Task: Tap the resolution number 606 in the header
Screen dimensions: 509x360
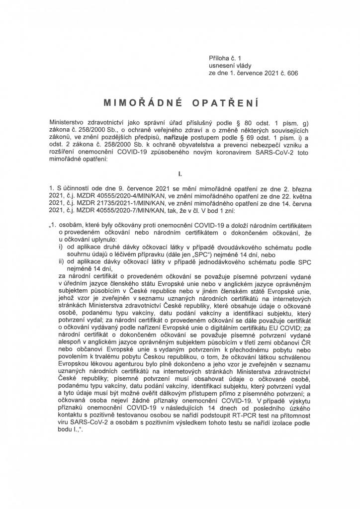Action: (x=292, y=73)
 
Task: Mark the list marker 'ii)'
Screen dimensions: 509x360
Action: (x=62, y=262)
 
